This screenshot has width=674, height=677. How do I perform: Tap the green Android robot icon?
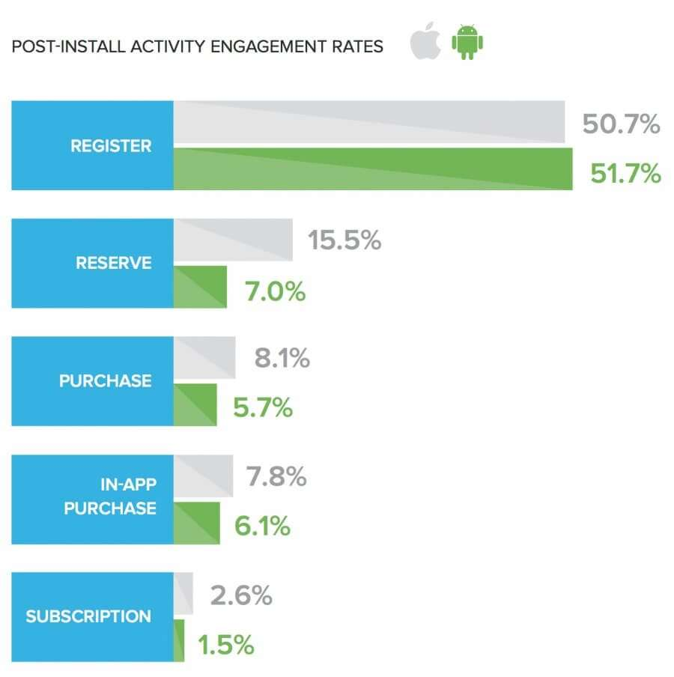[x=467, y=43]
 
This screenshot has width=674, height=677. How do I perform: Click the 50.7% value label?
[x=621, y=124]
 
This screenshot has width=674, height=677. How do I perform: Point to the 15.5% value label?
[x=344, y=241]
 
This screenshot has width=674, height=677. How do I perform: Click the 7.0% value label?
[x=275, y=291]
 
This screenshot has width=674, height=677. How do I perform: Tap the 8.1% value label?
[x=282, y=359]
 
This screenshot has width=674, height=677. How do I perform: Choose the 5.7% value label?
[x=261, y=408]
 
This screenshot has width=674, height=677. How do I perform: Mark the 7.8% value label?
[x=276, y=477]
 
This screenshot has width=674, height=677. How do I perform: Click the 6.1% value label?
[x=261, y=526]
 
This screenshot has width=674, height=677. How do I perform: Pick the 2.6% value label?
[x=240, y=595]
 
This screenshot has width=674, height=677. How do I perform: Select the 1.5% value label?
[x=226, y=644]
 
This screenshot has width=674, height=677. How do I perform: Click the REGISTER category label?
[x=111, y=146]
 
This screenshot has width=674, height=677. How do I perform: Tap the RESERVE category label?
[x=113, y=264]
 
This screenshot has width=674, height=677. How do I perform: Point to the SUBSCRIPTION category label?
[x=88, y=617]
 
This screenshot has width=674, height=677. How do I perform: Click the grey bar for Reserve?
[x=233, y=240]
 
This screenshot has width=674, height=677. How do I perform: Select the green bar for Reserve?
[x=200, y=286]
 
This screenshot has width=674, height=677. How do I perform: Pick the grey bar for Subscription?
[x=183, y=594]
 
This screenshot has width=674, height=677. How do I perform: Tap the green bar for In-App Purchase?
[x=197, y=523]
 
